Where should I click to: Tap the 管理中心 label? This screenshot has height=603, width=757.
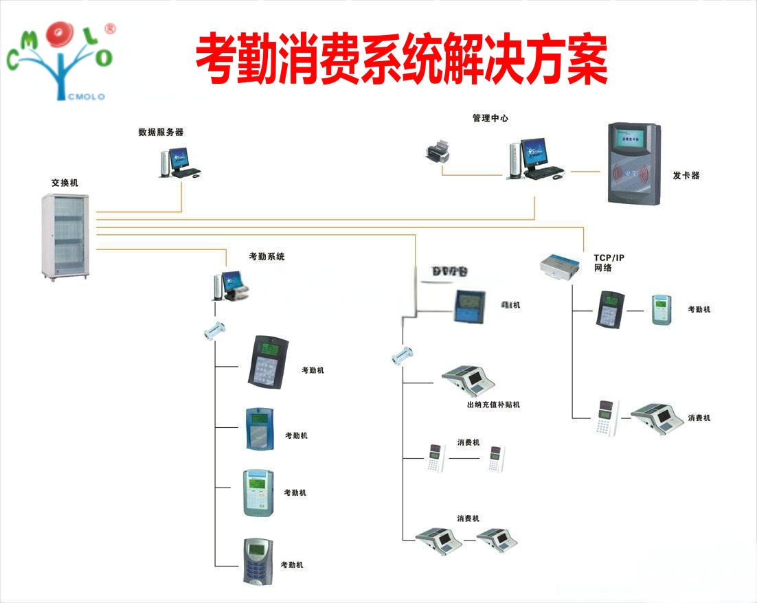[x=490, y=118]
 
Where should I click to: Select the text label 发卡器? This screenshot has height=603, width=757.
[x=686, y=176]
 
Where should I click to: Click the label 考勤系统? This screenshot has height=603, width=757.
[x=267, y=257]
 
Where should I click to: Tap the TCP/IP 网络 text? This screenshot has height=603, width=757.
[x=609, y=262]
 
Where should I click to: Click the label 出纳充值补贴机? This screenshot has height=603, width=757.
[x=493, y=405]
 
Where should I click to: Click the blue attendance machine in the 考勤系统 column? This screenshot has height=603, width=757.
[x=260, y=429]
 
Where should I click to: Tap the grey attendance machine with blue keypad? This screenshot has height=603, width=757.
[x=259, y=561]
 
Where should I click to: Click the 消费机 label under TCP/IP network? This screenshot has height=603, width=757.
[x=699, y=418]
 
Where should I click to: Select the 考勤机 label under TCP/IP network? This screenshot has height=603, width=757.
[x=699, y=310]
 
